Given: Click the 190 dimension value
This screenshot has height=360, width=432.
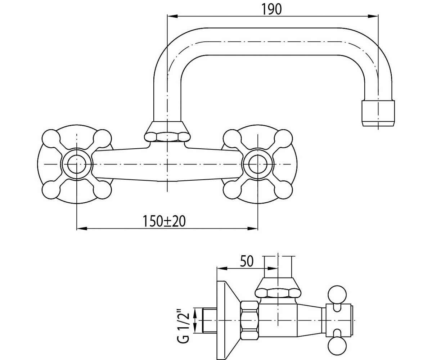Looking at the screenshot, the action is coord(271,9).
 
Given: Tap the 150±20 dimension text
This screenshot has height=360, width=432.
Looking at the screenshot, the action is coord(164,221).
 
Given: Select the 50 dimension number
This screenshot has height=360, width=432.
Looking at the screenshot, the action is coord(247,261).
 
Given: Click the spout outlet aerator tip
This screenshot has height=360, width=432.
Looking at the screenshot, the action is coord(378,113).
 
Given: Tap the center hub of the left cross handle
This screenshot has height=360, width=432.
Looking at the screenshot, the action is coord(77,164).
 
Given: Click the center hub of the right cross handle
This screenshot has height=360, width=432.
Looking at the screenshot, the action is coord(258,164).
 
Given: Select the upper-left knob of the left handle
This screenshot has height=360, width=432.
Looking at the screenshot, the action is coord(50,138).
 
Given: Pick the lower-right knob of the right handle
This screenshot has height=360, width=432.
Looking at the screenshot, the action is coord(284,190).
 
